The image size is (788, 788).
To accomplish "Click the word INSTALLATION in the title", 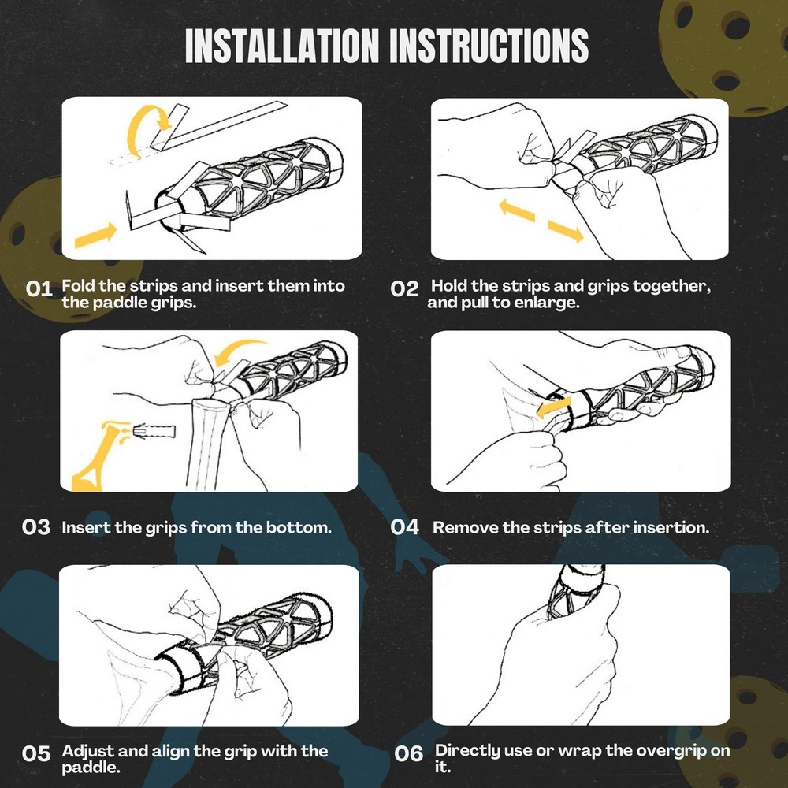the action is pyautogui.click(x=282, y=46).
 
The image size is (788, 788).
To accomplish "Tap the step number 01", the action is pyautogui.click(x=39, y=289).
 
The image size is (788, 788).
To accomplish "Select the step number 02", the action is pyautogui.click(x=404, y=289).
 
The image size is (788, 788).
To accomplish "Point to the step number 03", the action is pyautogui.click(x=36, y=527).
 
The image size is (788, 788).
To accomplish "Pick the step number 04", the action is pyautogui.click(x=405, y=527).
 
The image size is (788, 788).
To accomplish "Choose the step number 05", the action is pyautogui.click(x=36, y=754).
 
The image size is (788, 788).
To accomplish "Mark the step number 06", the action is pyautogui.click(x=408, y=754).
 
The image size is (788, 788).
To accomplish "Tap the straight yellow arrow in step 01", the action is pyautogui.click(x=95, y=235).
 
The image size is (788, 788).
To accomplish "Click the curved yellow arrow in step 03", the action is pyautogui.click(x=236, y=347).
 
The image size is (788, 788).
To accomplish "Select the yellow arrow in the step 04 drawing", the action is pyautogui.click(x=553, y=407).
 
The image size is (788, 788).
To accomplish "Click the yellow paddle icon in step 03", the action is pyautogui.click(x=95, y=455).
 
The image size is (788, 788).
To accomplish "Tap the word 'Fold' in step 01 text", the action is pyautogui.click(x=79, y=285).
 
